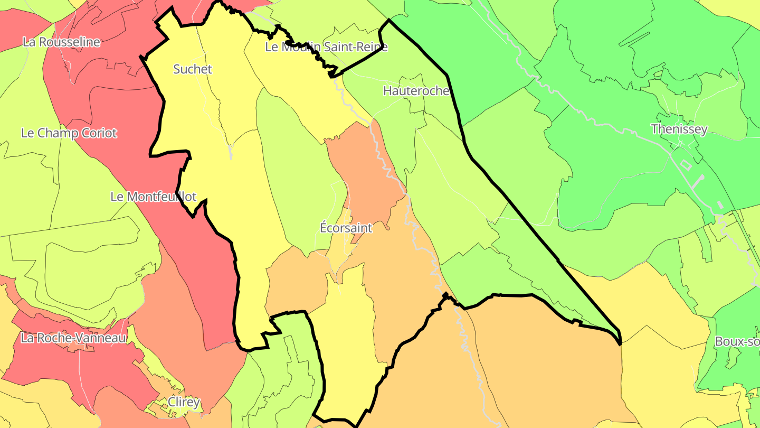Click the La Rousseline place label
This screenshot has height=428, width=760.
point(61,42)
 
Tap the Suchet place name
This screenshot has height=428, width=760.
point(193,69)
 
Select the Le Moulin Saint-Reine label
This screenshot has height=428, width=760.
point(326,47)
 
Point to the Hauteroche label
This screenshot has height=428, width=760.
point(416,91)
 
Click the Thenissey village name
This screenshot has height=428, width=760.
point(679,129)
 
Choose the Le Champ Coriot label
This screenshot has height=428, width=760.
point(69,133)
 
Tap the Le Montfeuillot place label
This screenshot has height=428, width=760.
point(153,197)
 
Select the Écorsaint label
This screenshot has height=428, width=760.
point(346,228)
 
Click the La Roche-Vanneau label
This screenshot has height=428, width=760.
point(73,338)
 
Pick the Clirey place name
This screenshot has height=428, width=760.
point(184,402)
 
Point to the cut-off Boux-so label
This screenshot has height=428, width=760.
point(737,341)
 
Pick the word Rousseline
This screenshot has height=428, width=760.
point(69,42)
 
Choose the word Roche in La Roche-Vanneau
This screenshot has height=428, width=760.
point(51,338)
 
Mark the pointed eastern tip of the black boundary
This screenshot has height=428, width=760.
point(620,342)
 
